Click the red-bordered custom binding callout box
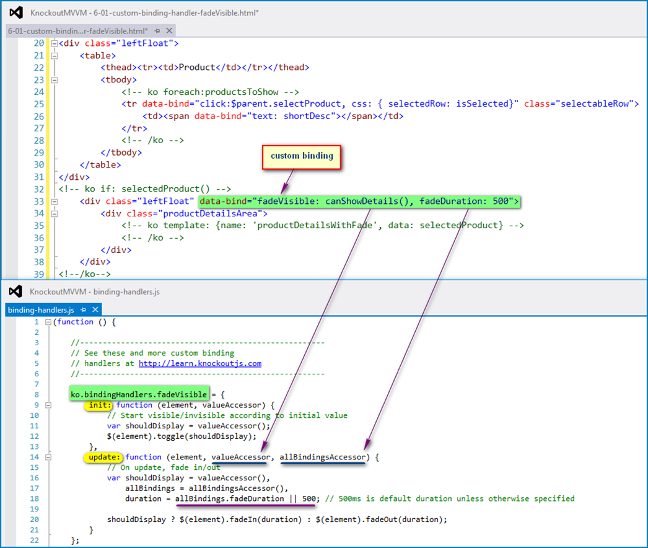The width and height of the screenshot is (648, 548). coord(302,157)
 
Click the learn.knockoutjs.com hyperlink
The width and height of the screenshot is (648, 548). coord(200,363)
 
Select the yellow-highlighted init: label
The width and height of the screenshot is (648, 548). coord(98,405)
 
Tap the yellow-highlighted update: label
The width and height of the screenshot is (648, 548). coord(103,457)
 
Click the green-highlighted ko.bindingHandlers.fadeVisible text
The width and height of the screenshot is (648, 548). coord(139,394)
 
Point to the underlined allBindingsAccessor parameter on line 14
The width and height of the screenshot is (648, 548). coord(322,457)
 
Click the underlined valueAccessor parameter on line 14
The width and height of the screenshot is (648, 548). coord(240,457)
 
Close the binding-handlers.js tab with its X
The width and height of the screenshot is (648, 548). coord(95,309)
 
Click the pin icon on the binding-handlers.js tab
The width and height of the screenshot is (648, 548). coord(83,310)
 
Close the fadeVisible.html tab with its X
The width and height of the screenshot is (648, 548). coord(169,30)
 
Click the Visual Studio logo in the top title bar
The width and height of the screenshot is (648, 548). coord(16,12)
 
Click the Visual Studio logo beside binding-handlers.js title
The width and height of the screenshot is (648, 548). coord(15,291)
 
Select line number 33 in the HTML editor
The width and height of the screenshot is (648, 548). coord(39,201)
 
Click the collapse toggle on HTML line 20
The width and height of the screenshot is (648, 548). coord(54,43)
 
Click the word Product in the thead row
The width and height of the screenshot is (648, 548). coord(197,68)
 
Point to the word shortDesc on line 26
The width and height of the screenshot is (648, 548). coord(307,116)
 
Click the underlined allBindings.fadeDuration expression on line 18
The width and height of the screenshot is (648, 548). coord(229,499)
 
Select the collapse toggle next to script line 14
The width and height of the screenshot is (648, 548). coord(48,457)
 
